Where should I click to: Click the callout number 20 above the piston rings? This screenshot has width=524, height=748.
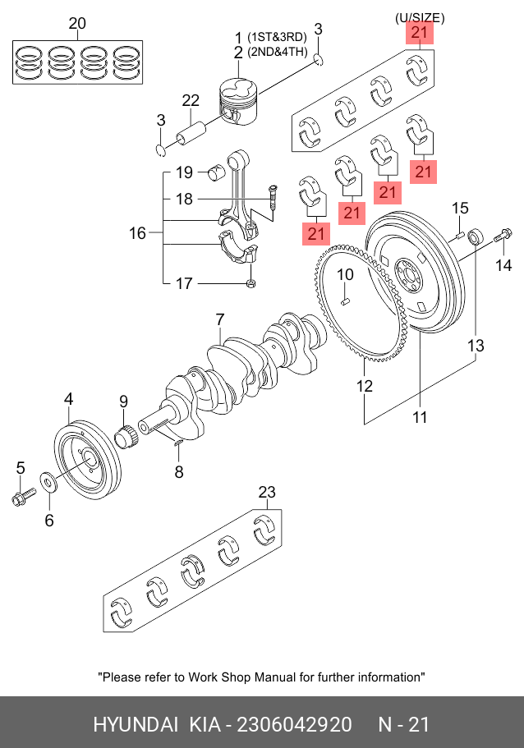point(77,23)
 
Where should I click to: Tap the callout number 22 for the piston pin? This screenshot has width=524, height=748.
point(191,101)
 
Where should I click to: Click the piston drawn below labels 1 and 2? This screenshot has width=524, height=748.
point(239,102)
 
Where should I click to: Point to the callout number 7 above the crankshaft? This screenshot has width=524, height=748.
point(219,319)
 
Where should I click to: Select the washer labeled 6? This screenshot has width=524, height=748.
point(48,483)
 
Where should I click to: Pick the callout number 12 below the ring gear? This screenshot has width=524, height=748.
point(364,385)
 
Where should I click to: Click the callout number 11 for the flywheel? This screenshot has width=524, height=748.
point(420,417)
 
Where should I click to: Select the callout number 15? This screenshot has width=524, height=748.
point(460,208)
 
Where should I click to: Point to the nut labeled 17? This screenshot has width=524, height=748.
point(251,284)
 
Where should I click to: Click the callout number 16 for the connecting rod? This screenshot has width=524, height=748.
point(137,233)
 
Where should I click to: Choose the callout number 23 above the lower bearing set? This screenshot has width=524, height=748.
point(267,492)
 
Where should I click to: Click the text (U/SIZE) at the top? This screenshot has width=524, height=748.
point(420,18)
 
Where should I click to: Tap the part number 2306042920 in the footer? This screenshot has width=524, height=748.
point(295,725)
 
